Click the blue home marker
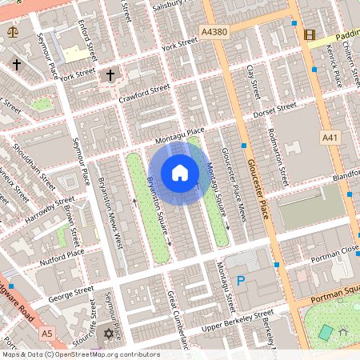tap(180, 172)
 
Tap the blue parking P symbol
tap(240, 281)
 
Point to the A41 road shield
tap(330, 138)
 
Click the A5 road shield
tap(47, 332)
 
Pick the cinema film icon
tap(310, 34)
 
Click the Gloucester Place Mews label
tap(234, 176)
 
